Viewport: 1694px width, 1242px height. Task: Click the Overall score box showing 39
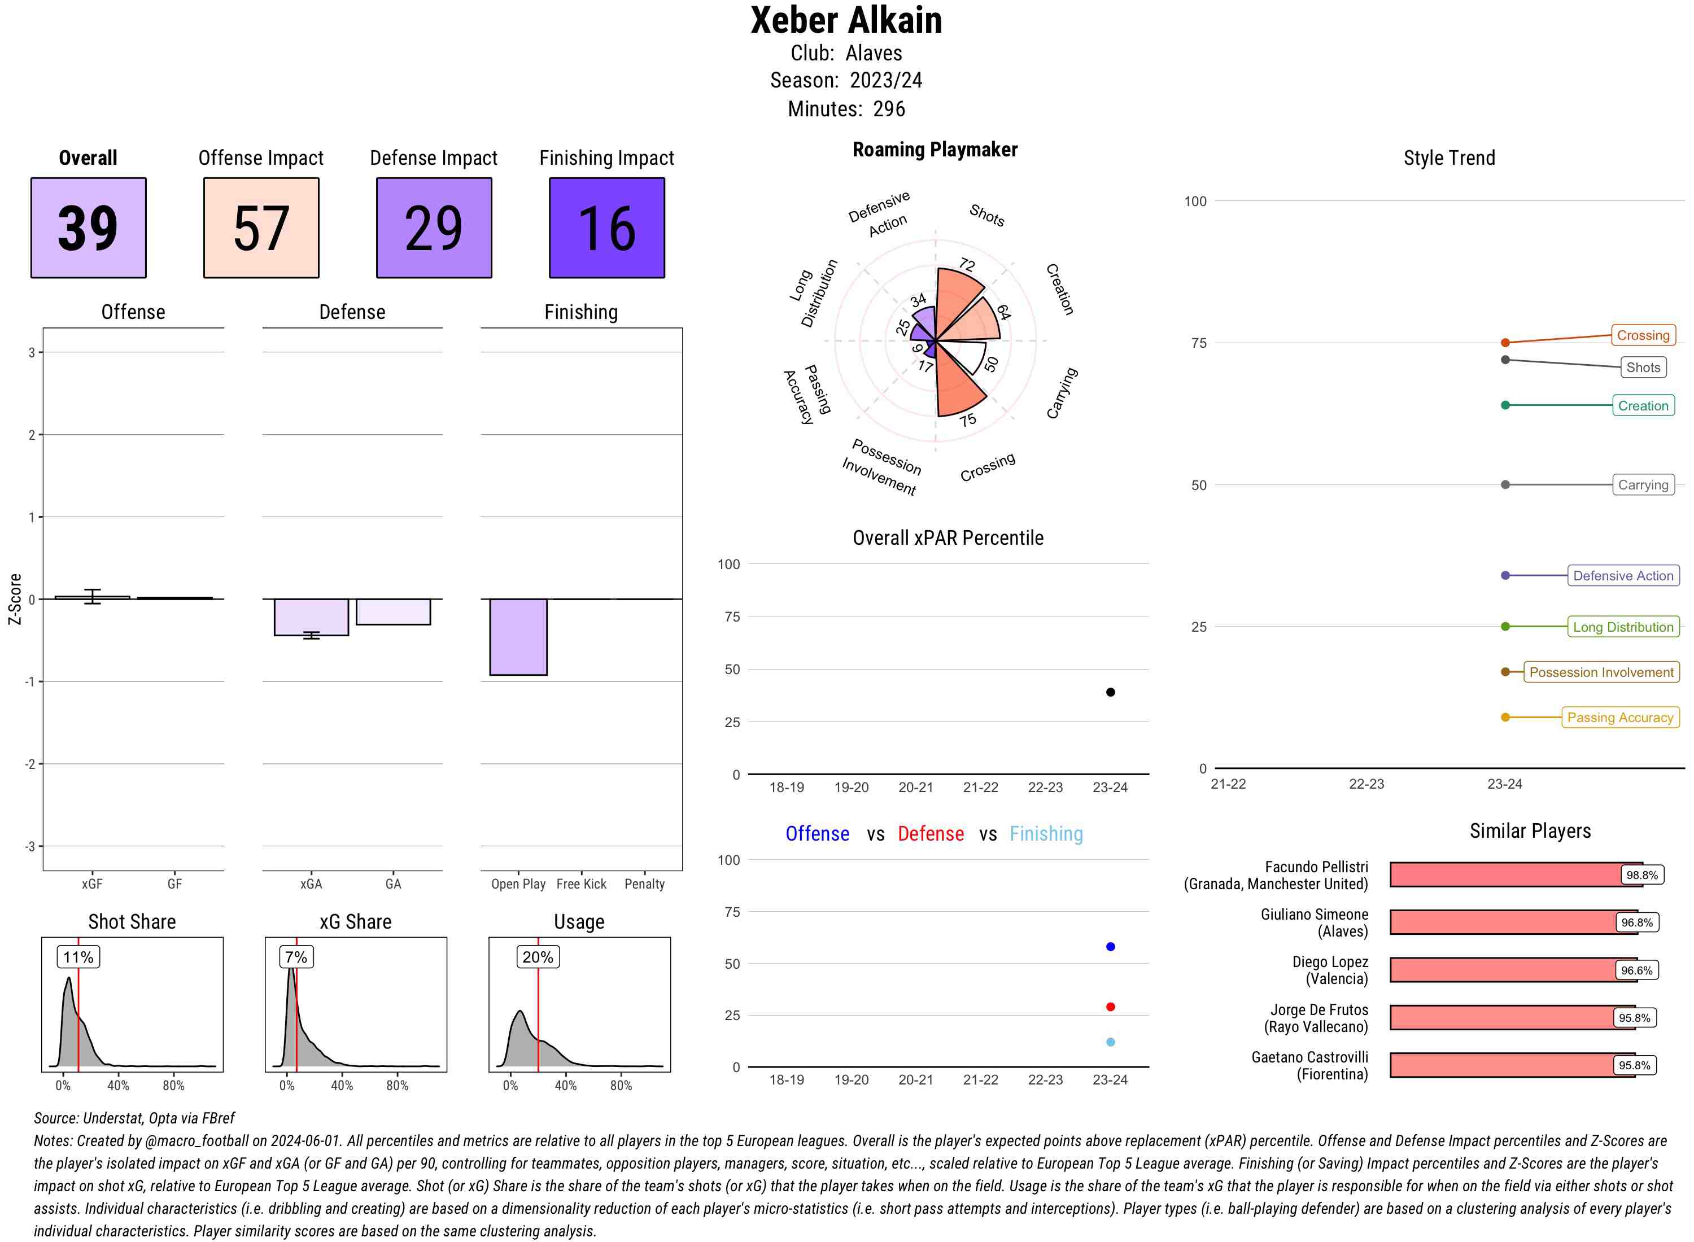(88, 228)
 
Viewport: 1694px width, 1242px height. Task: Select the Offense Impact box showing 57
(261, 228)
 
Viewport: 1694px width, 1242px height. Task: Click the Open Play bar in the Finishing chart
(518, 637)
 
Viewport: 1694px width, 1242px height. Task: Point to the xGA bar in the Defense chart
(311, 617)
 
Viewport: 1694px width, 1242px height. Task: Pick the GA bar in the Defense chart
(392, 612)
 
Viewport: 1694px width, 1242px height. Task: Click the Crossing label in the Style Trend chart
(1642, 335)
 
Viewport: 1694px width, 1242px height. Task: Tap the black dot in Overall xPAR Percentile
(1110, 692)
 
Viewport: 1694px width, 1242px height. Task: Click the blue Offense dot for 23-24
(1110, 947)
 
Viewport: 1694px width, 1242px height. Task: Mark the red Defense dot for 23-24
(1110, 1007)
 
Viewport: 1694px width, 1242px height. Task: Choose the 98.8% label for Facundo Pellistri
(1641, 875)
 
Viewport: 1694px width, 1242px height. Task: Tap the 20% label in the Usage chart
(538, 957)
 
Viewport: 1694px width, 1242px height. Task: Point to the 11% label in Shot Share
(78, 957)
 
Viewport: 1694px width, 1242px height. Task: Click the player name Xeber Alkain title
(846, 20)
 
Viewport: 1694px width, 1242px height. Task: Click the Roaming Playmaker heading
(935, 150)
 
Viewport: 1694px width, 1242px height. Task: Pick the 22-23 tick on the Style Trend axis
(1365, 784)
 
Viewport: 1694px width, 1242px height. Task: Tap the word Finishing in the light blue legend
(1046, 834)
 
